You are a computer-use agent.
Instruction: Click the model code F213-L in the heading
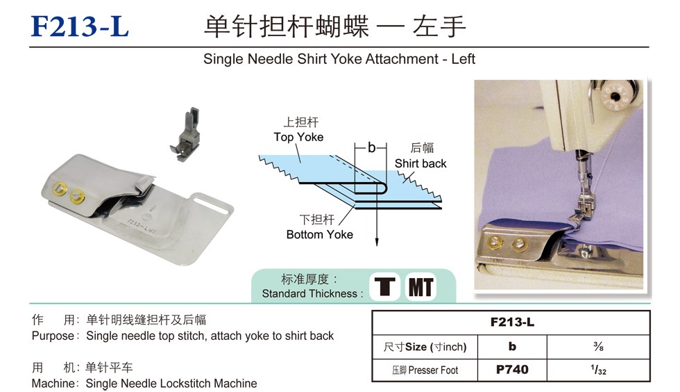coord(80,26)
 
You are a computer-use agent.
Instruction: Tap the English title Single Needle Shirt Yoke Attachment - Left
coord(339,58)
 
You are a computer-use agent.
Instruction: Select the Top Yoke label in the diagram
coord(298,137)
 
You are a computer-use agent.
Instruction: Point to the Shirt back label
coord(420,163)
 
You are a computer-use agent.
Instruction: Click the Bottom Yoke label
coord(320,235)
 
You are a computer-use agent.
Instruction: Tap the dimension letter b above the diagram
coord(371,148)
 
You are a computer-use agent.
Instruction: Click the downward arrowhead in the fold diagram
coord(377,241)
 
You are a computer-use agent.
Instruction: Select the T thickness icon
coord(384,286)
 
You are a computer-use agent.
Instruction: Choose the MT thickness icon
coord(420,287)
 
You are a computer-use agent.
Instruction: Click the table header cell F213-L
coord(512,322)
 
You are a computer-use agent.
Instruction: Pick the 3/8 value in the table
coord(598,346)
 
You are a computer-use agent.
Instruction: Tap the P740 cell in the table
coord(512,370)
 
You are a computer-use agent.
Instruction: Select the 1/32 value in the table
coord(598,370)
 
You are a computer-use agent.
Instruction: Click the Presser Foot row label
coord(425,370)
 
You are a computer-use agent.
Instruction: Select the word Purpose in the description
coord(53,336)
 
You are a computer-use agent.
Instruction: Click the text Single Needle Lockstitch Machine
coord(171,384)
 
